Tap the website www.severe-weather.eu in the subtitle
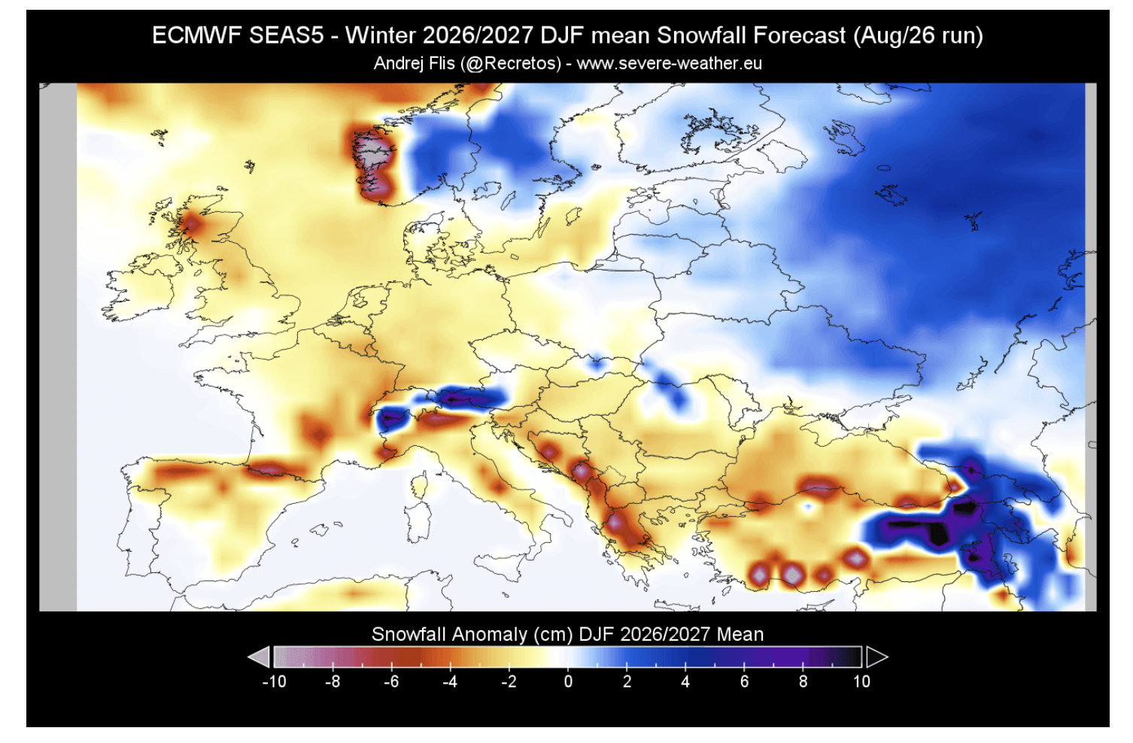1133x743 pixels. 669,64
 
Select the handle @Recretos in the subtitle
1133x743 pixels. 512,64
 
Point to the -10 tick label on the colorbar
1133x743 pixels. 274,682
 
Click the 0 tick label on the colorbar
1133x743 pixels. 568,682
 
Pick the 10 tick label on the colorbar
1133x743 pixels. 861,682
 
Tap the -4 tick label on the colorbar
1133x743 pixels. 450,682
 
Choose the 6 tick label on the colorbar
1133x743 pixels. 744,682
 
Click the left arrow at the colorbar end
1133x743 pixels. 260,657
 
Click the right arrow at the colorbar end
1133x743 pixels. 876,657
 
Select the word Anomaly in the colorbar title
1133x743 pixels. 489,635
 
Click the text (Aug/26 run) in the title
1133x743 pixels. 918,36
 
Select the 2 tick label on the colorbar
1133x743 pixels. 627,682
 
